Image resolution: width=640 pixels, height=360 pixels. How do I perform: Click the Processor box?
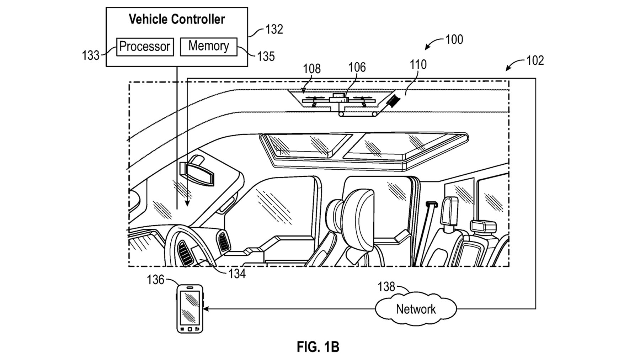click(145, 47)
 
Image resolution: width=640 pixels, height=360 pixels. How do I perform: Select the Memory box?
click(209, 47)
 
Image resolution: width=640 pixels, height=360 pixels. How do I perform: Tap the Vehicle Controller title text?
click(177, 19)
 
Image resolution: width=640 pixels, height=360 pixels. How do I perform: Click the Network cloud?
click(416, 309)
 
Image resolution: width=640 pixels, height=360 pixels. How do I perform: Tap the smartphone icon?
click(190, 309)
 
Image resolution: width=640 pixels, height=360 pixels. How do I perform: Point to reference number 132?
click(274, 29)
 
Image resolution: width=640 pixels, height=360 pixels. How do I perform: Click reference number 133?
click(91, 55)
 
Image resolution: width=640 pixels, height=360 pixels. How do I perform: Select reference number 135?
click(266, 56)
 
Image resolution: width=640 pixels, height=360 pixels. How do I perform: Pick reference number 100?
click(454, 39)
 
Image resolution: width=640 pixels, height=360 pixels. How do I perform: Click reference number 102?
click(535, 60)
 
